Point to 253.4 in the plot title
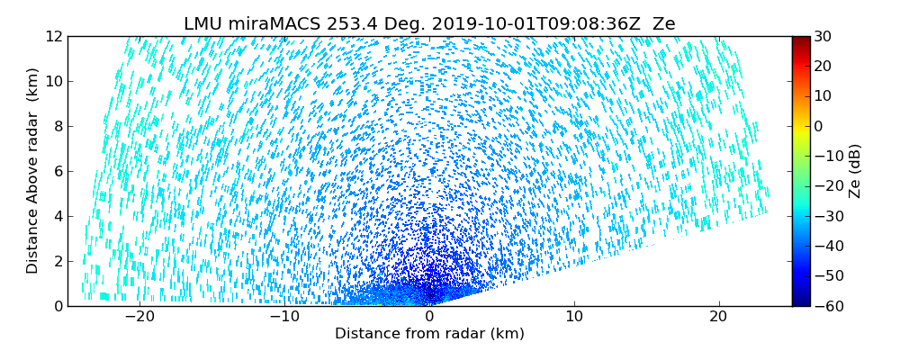coord(337,24)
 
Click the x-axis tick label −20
coord(139,317)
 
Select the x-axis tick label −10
coord(284,317)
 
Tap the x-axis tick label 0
coord(429,317)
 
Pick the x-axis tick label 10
coord(574,317)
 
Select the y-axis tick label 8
coord(58,126)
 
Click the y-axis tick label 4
coord(58,216)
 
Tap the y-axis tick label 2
coord(58,261)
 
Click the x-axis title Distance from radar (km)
coord(429,334)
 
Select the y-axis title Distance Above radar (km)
coord(32,171)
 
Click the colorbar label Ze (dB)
coord(854,171)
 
